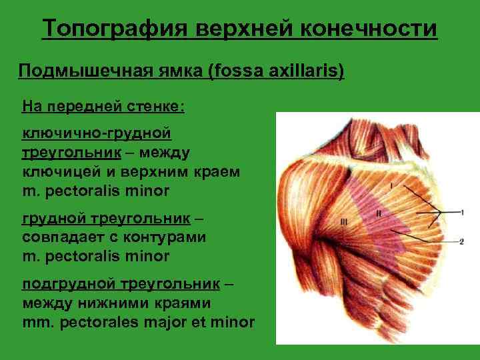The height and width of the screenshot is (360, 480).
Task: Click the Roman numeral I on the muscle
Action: pos(392,183)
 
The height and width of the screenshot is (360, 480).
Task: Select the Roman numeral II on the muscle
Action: pos(379,213)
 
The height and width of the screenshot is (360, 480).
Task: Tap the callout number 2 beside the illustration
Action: pos(461,241)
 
